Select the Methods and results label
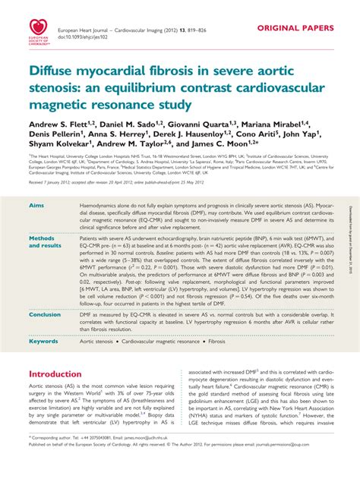pyautogui.click(x=46, y=241)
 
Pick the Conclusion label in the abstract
pyautogui.click(x=45, y=314)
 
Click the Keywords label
pyautogui.click(x=43, y=342)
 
